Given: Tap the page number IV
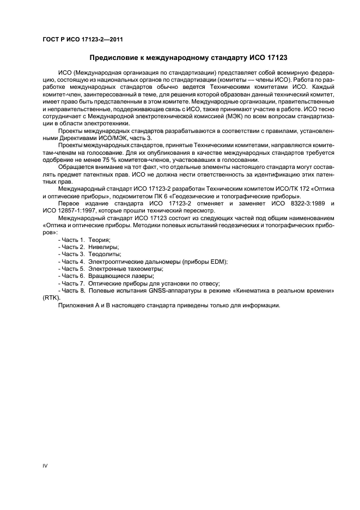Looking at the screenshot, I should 45,467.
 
